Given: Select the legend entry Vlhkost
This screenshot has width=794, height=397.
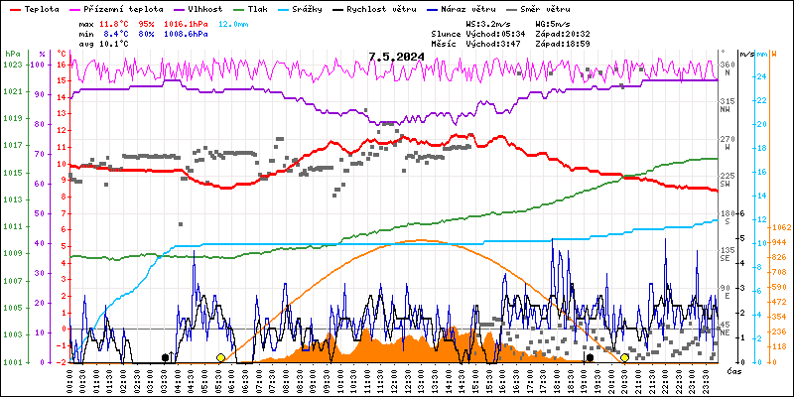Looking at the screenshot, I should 204,7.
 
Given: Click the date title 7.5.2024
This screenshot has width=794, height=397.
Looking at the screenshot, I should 396,57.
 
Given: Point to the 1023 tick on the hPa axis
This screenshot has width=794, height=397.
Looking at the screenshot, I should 12,65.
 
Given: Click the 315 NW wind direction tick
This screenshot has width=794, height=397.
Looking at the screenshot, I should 727,102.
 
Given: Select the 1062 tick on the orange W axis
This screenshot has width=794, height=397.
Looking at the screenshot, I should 779,226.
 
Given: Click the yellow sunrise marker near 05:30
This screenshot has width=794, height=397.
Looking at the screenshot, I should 220,357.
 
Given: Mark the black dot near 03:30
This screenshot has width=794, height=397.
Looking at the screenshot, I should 166,357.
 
